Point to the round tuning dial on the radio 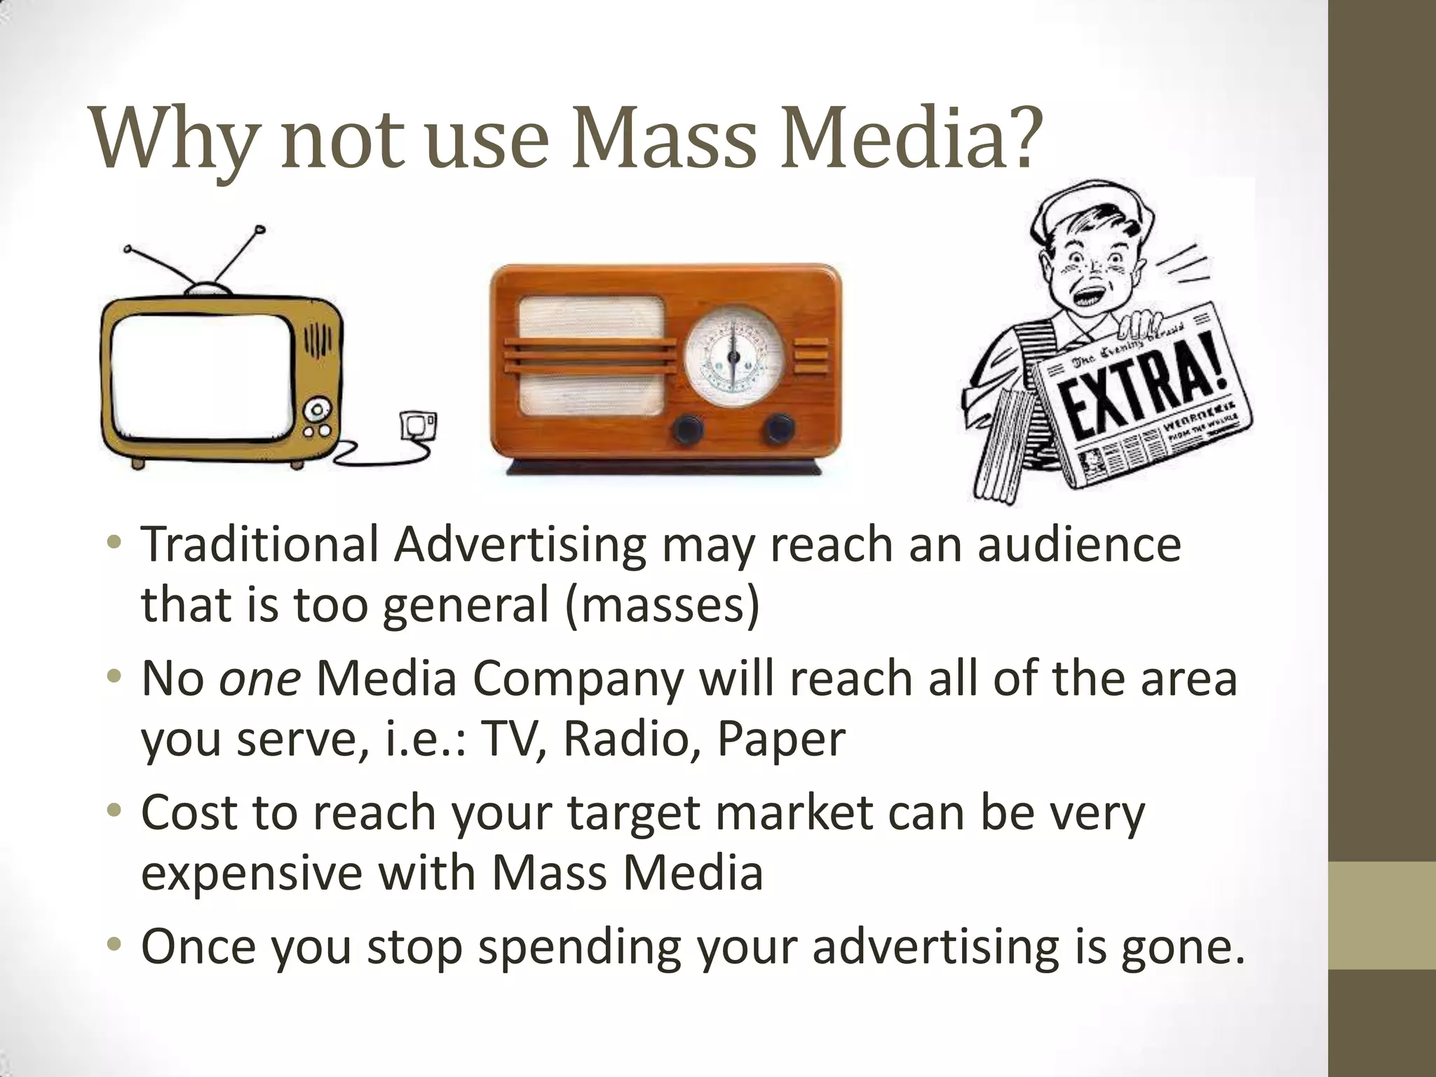pos(733,358)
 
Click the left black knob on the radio pos(688,428)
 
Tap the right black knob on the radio pos(778,428)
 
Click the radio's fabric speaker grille pos(590,358)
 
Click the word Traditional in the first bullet pos(259,545)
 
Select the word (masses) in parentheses pos(662,605)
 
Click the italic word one pos(260,679)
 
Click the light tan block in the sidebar pos(1381,916)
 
